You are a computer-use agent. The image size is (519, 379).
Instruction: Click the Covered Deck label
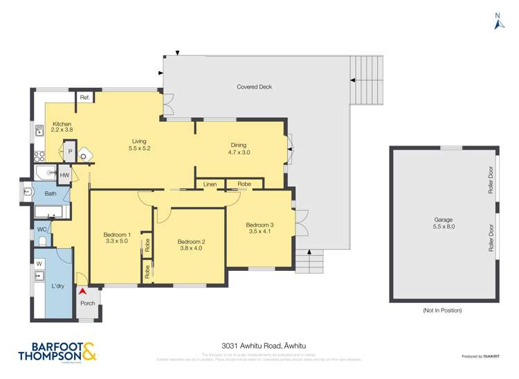[254, 87]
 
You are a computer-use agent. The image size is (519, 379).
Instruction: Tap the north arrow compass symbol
[497, 22]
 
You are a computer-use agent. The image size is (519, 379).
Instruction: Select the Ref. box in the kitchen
[85, 98]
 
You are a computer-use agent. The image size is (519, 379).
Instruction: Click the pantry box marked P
[70, 152]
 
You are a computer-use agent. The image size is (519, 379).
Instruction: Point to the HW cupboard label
[64, 175]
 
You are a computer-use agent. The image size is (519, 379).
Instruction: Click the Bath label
[51, 193]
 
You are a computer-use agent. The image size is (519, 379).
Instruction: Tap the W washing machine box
[39, 263]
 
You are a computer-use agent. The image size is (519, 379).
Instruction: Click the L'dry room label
[58, 285]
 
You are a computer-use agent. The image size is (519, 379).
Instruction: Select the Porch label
[88, 303]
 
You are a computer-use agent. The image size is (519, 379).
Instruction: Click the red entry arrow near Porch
[82, 292]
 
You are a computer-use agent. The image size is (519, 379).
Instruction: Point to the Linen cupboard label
[210, 184]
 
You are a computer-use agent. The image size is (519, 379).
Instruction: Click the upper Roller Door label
[489, 184]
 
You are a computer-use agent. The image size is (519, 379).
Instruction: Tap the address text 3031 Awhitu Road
[259, 344]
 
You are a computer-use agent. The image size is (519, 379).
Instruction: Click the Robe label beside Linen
[244, 184]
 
